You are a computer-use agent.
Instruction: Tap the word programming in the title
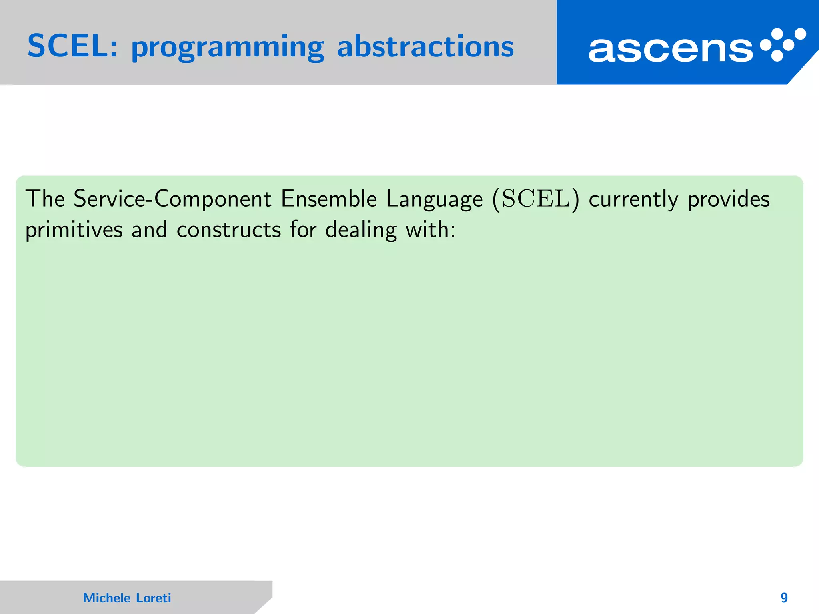(x=227, y=48)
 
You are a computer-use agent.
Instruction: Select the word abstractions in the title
(x=425, y=46)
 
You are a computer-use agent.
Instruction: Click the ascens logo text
(x=670, y=50)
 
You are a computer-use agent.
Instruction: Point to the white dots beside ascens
(x=783, y=44)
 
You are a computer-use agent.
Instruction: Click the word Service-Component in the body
(x=172, y=199)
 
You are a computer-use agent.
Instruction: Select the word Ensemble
(x=328, y=199)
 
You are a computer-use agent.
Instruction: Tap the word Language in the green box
(x=434, y=200)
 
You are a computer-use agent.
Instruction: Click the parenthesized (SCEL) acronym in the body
(x=535, y=199)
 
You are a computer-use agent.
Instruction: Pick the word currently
(x=633, y=200)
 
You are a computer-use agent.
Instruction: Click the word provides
(x=729, y=199)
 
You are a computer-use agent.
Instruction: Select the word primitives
(x=74, y=231)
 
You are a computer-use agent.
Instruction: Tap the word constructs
(x=229, y=230)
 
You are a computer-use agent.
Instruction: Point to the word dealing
(x=361, y=231)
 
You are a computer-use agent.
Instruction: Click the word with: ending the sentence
(x=431, y=230)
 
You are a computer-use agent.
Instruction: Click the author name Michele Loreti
(x=127, y=598)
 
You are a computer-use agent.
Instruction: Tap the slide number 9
(x=784, y=598)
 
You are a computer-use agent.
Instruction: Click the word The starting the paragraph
(x=45, y=199)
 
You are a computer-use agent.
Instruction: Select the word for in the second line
(x=303, y=230)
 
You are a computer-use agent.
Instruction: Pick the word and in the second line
(x=149, y=230)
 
